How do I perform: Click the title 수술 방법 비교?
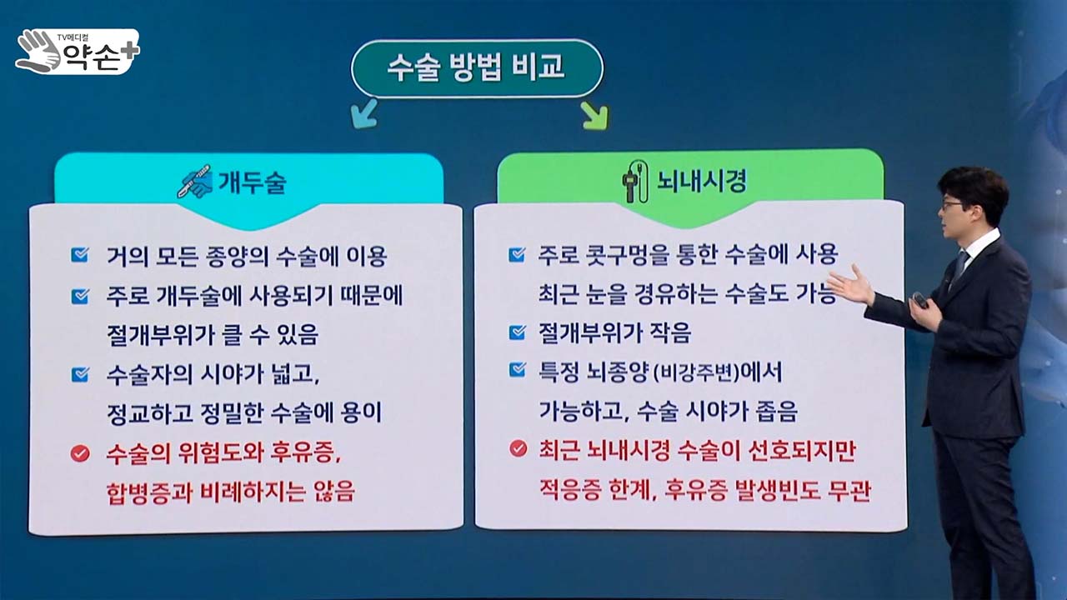[476, 67]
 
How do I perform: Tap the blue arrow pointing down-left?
[364, 113]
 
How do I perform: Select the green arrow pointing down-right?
[594, 115]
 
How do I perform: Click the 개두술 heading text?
[252, 182]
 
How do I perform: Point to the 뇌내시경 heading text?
[702, 181]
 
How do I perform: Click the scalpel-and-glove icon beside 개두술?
[196, 182]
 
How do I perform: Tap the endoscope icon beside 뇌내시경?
[634, 182]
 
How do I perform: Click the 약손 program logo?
[78, 52]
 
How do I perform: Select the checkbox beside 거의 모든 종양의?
[79, 255]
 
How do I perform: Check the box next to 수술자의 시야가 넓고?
[79, 374]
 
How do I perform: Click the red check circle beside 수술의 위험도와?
[80, 453]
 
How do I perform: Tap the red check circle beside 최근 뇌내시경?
[518, 448]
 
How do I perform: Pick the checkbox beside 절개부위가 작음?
[518, 332]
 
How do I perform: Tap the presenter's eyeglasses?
[952, 206]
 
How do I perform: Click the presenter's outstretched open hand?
[852, 285]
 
